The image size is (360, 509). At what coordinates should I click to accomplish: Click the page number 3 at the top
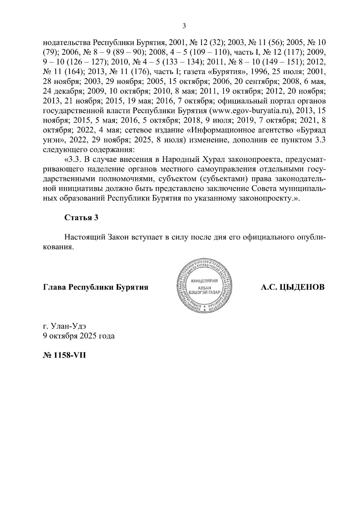(184, 26)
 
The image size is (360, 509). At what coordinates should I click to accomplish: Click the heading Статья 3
(81, 218)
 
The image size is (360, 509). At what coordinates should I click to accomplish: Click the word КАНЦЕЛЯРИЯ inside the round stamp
(204, 281)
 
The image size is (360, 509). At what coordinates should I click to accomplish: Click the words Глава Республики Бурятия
(96, 287)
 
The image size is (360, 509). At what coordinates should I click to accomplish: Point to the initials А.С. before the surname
(269, 287)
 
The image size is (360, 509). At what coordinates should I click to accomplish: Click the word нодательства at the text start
(66, 42)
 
